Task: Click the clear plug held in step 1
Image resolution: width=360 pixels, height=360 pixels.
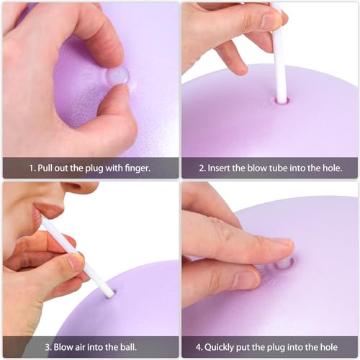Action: tap(117, 75)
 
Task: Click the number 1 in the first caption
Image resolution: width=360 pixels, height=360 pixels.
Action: tap(31, 168)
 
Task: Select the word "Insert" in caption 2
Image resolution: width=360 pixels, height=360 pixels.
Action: tap(220, 168)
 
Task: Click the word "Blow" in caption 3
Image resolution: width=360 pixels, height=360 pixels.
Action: tap(53, 346)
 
